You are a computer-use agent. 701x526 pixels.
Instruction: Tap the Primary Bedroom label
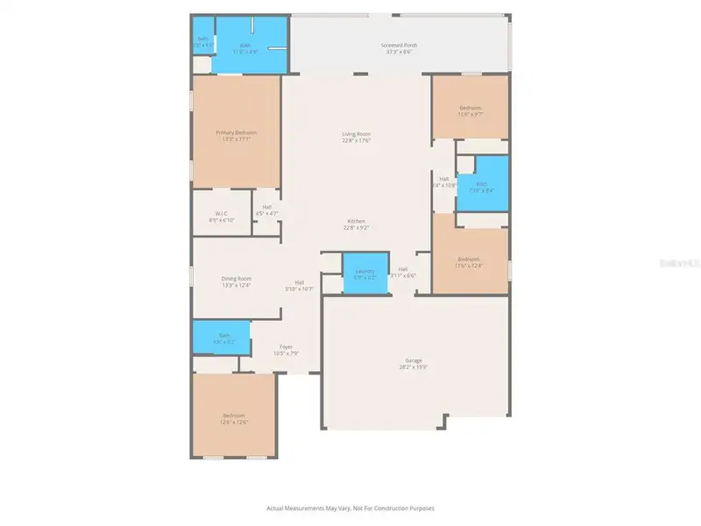[x=237, y=132]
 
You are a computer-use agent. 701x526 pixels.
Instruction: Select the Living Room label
[x=357, y=133]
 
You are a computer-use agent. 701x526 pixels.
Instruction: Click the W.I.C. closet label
[x=223, y=214]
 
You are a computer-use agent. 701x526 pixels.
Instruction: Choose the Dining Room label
[x=236, y=279]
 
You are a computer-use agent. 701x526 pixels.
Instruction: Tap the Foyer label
[x=286, y=346]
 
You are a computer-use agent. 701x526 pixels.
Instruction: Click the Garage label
[x=414, y=360]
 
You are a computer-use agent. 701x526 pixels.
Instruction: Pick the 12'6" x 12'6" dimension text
[x=233, y=423]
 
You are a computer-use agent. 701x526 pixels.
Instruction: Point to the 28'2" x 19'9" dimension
[x=414, y=367]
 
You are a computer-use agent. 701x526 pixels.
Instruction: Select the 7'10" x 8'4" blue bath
[x=481, y=187]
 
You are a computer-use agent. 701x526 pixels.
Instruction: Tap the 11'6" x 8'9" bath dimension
[x=245, y=52]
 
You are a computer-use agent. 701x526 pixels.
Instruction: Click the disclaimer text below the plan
[x=350, y=508]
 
